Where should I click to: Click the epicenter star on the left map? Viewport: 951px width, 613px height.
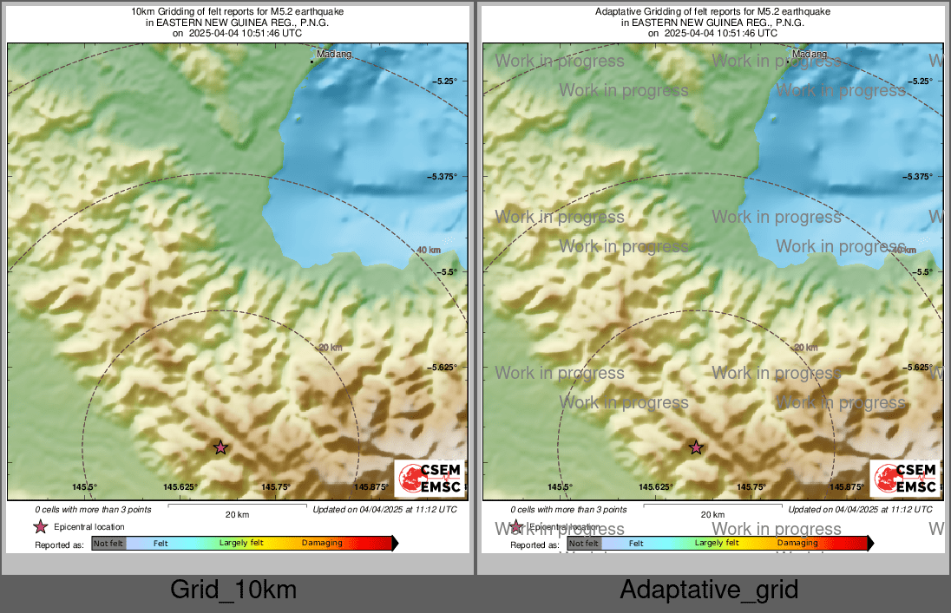220,447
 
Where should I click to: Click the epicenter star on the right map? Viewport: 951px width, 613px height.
696,447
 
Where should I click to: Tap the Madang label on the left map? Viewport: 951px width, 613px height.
335,55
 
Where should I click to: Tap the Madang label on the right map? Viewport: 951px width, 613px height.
810,55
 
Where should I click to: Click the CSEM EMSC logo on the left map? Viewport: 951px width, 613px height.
429,479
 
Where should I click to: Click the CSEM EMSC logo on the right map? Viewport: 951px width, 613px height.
904,479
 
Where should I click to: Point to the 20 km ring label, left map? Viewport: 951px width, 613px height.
331,348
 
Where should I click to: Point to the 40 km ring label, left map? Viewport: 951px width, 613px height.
428,251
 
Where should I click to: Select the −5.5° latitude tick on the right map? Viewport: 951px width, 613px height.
923,272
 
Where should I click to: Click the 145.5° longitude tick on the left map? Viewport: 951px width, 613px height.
85,487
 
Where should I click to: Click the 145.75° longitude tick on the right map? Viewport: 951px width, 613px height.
751,487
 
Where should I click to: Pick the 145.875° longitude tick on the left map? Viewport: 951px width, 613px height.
371,487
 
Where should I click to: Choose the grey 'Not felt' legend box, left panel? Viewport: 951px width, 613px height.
108,544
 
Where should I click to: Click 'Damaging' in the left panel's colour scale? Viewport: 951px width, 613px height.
322,544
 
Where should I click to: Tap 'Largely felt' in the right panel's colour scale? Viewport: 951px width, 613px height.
717,544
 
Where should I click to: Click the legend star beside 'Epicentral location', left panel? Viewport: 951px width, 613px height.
40,526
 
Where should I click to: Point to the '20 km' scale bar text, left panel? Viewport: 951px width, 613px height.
237,515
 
